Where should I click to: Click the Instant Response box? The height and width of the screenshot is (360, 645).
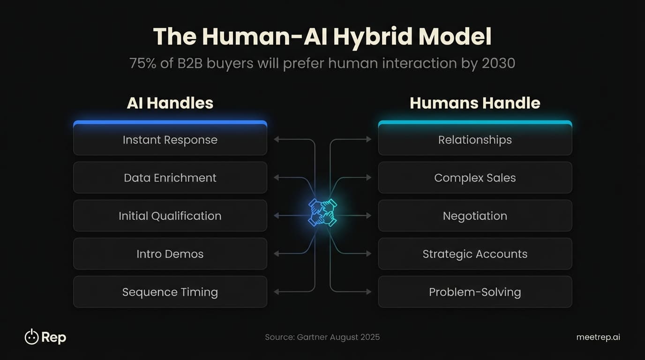170,140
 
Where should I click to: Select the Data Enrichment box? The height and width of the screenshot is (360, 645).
170,178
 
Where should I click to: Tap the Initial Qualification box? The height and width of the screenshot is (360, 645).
170,216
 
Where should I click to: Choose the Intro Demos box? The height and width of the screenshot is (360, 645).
170,254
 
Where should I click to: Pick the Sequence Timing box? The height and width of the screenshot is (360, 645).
170,292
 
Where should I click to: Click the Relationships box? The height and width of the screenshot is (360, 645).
475,140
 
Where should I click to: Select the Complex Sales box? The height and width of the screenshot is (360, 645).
475,178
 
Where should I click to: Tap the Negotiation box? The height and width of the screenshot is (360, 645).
475,216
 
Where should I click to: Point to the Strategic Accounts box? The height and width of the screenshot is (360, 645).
475,254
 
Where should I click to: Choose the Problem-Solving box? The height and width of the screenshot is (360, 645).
475,292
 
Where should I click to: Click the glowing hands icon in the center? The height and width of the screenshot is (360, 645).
322,212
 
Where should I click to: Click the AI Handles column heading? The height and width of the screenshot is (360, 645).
170,103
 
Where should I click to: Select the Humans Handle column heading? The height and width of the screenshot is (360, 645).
475,103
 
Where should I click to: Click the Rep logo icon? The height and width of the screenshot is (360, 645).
31,337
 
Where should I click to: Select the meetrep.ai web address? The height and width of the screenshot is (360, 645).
598,337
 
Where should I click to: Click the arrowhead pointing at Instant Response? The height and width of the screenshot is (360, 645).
277,139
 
